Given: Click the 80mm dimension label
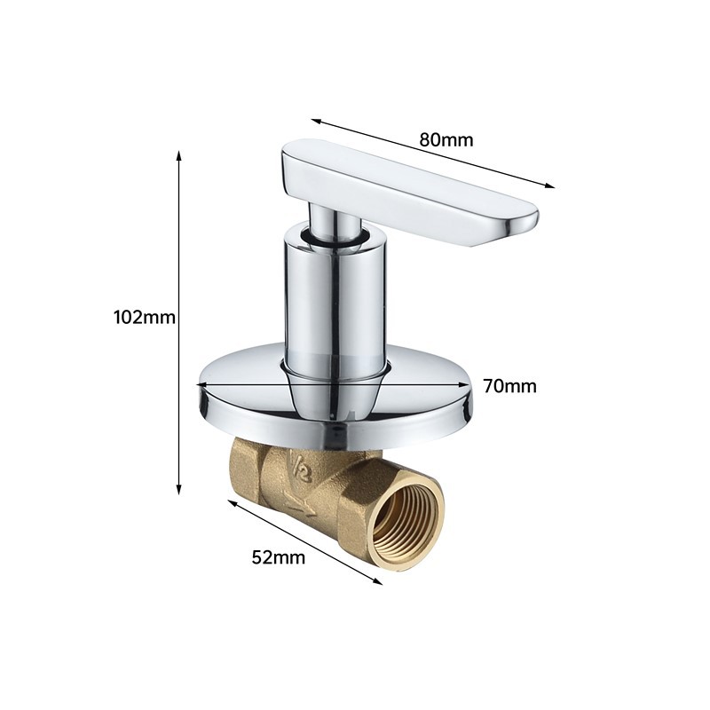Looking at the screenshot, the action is (446, 139).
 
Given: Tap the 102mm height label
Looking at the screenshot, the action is (145, 317).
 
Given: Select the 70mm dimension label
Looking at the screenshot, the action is (509, 386).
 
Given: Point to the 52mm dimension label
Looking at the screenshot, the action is (279, 557).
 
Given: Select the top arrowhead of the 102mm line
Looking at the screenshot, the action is (179, 156).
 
